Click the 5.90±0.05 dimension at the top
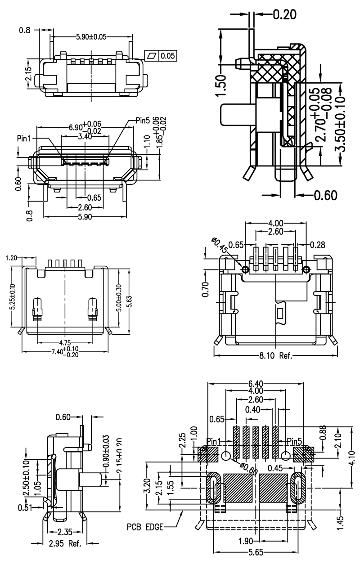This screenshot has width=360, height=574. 91,37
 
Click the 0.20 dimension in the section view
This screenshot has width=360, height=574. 284,15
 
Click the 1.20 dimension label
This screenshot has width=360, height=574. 12,258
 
